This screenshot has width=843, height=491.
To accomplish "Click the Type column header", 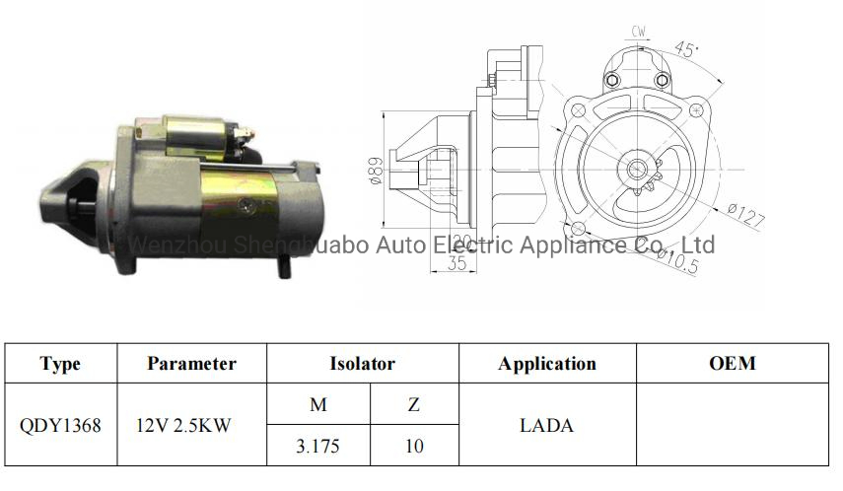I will pyautogui.click(x=60, y=363).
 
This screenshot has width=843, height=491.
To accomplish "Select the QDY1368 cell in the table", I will pyautogui.click(x=60, y=426).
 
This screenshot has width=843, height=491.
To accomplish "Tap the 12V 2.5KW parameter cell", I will pyautogui.click(x=192, y=426).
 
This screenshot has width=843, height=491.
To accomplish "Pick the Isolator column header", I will pyautogui.click(x=362, y=363).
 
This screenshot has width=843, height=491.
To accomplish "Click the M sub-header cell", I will pyautogui.click(x=317, y=404).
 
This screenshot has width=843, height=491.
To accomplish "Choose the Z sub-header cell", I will pyautogui.click(x=414, y=404).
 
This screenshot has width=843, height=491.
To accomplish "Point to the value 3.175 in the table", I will pyautogui.click(x=317, y=446).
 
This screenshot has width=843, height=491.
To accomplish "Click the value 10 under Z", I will pyautogui.click(x=414, y=446).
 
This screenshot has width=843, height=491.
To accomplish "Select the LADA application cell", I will pyautogui.click(x=546, y=426).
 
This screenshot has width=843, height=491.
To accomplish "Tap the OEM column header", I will pyautogui.click(x=732, y=363).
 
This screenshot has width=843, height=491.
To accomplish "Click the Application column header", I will pyautogui.click(x=546, y=363).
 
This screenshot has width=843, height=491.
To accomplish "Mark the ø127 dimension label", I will pyautogui.click(x=745, y=214).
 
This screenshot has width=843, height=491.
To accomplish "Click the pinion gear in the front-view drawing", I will pyautogui.click(x=638, y=170).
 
